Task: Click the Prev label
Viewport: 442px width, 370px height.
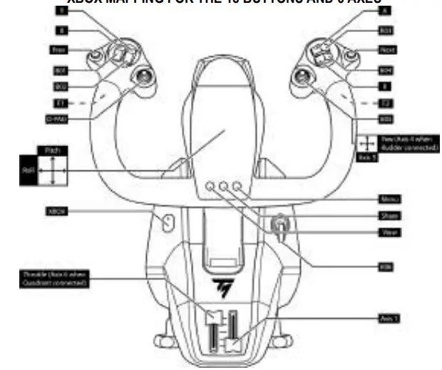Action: pos(59,50)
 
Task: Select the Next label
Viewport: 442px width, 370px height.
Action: pos(386,50)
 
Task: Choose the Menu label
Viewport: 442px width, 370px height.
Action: pos(388,199)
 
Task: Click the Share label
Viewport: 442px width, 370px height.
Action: pos(388,215)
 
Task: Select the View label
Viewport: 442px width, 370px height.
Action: pos(389,232)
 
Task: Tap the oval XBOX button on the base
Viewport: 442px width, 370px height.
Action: pos(168,223)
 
